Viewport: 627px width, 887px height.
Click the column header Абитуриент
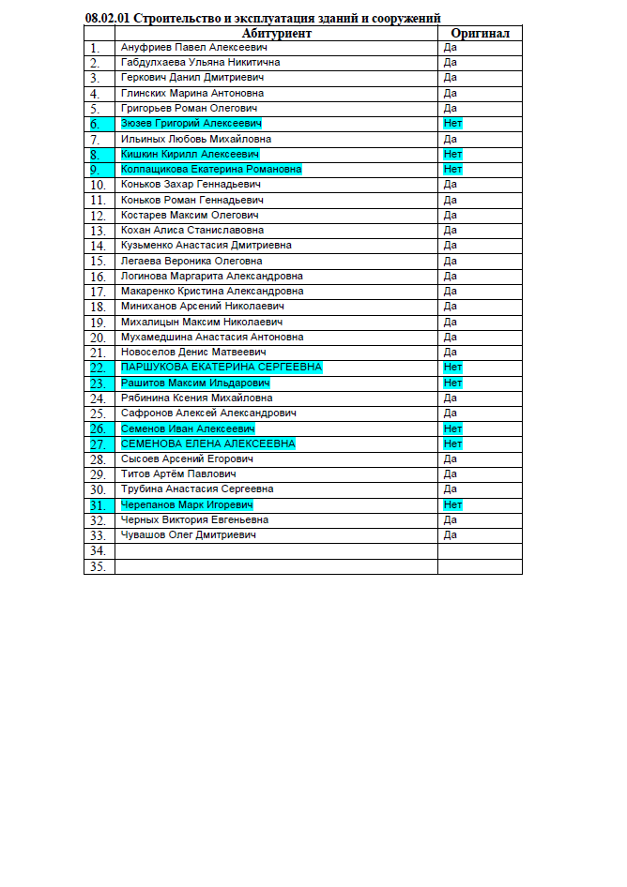pos(276,33)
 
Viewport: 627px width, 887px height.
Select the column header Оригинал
pos(480,33)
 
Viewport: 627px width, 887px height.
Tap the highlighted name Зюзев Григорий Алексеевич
pos(191,124)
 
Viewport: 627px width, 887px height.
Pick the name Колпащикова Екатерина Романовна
pos(211,170)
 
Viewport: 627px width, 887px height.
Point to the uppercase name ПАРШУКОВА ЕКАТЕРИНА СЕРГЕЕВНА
pos(222,368)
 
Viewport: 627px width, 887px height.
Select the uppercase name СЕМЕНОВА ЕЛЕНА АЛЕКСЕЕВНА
pos(208,443)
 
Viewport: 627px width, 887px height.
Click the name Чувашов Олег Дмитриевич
pos(189,535)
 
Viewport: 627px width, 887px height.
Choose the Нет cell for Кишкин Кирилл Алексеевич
pos(453,155)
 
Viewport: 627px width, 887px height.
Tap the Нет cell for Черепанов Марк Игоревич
pos(453,504)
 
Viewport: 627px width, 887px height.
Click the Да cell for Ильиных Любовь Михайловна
pos(451,139)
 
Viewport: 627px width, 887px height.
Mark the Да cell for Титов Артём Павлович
pos(451,474)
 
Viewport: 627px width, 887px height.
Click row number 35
pos(96,566)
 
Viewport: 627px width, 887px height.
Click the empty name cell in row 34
pos(276,551)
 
